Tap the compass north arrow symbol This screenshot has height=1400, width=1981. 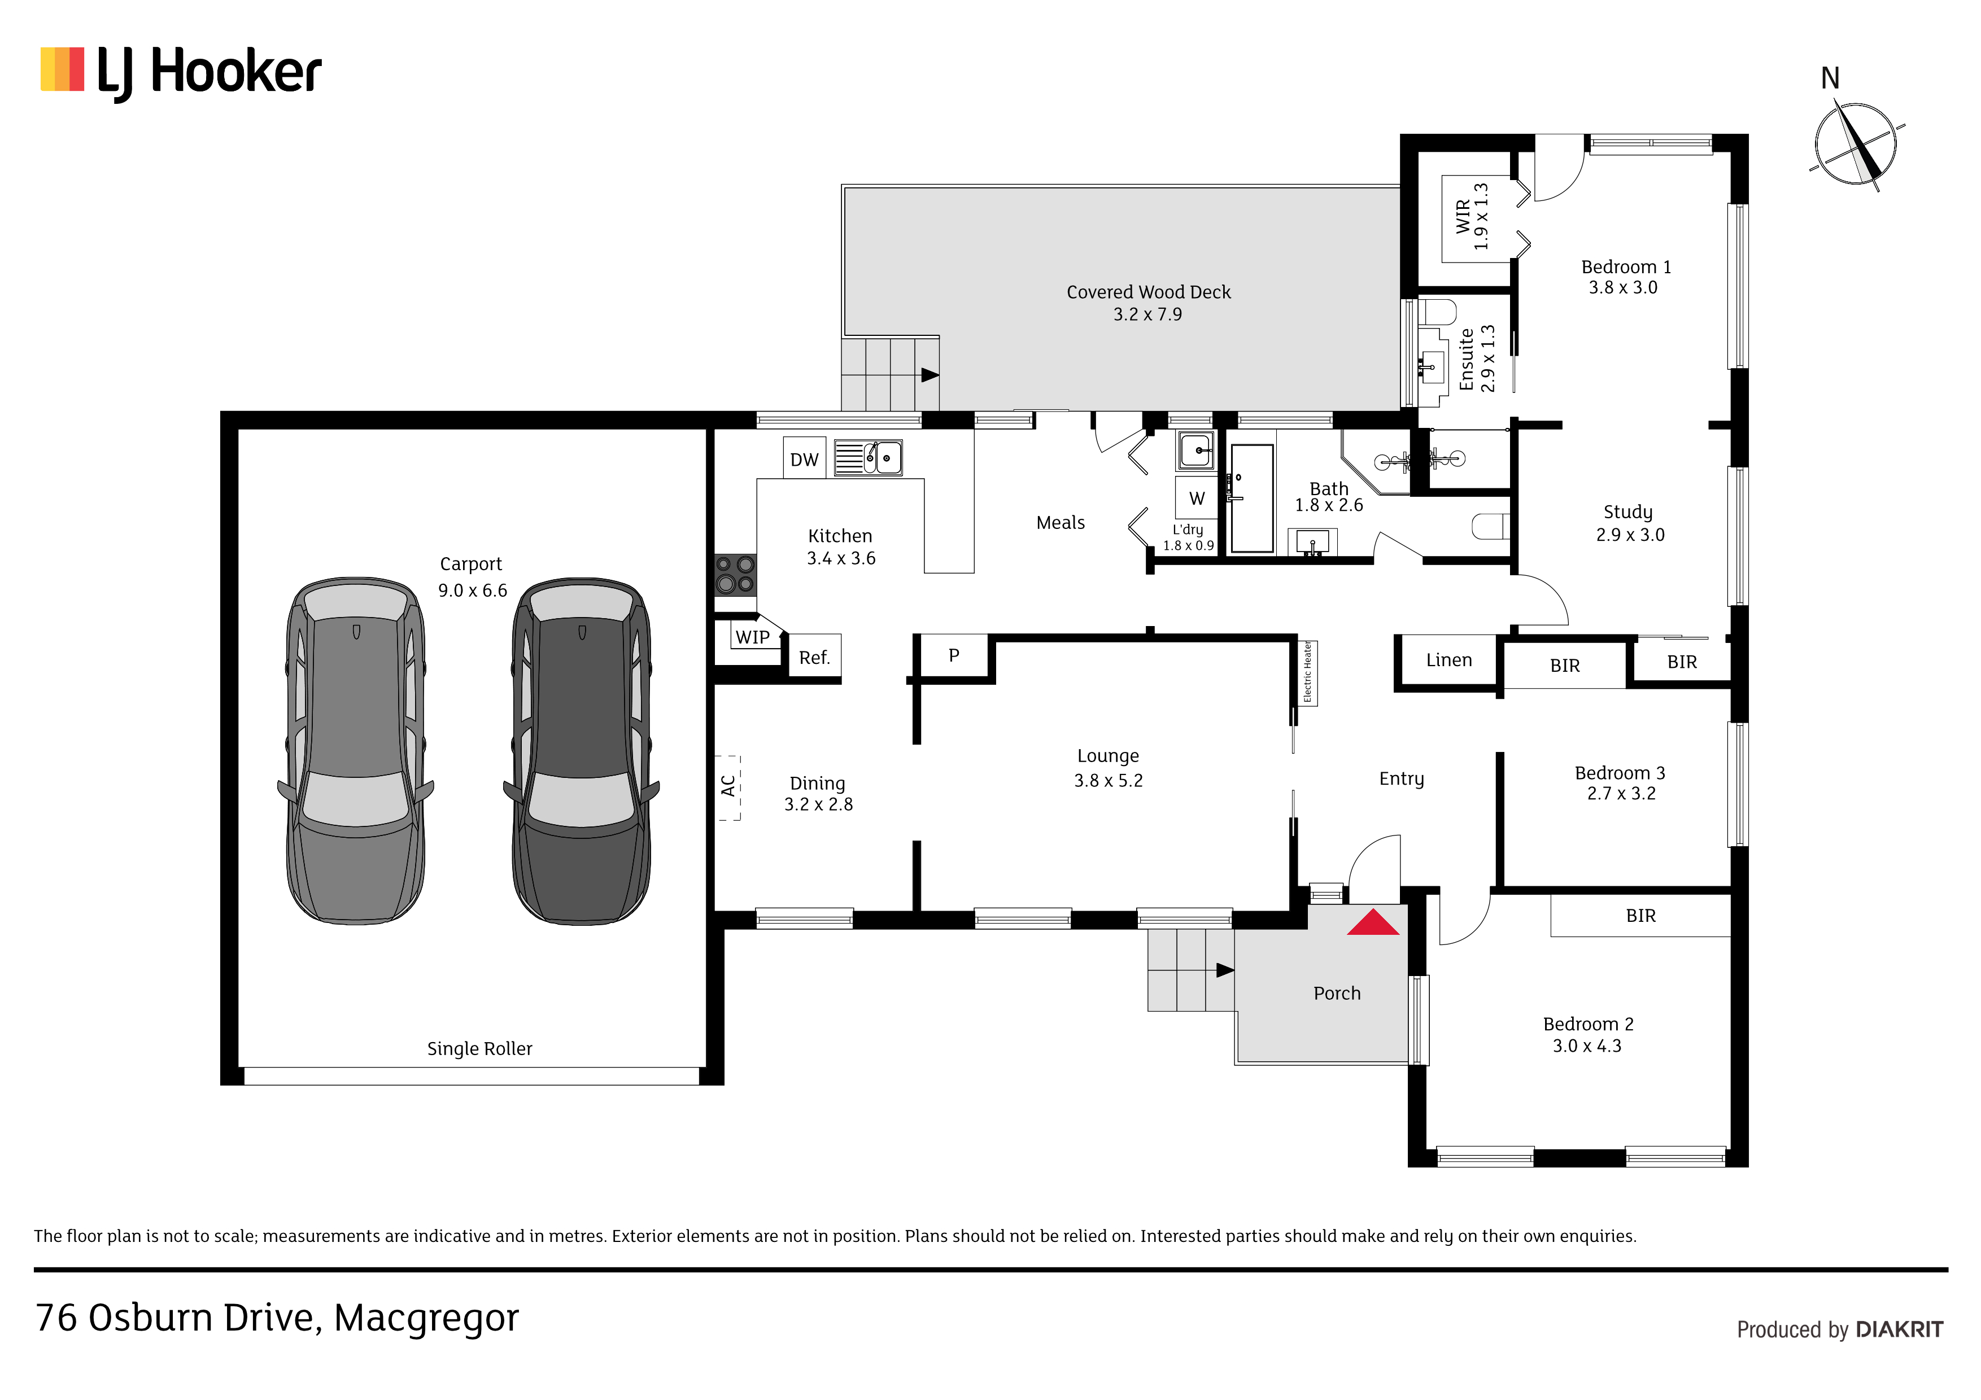[x=1856, y=145]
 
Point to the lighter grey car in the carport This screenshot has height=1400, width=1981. [x=355, y=750]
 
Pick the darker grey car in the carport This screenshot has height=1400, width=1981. [x=582, y=750]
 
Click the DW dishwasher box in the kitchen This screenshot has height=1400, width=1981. [x=804, y=458]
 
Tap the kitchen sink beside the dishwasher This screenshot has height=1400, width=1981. [x=868, y=458]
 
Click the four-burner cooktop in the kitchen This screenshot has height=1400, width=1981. [x=735, y=575]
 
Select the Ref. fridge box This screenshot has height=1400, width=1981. [x=814, y=657]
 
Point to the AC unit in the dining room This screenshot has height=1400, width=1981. [x=728, y=787]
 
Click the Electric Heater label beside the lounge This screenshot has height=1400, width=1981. [x=1307, y=672]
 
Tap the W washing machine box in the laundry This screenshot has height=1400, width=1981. [x=1197, y=498]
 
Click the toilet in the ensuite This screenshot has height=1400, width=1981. [x=1437, y=312]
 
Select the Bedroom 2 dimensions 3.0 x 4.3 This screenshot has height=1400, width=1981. [x=1587, y=1045]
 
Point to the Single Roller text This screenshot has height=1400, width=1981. [x=479, y=1048]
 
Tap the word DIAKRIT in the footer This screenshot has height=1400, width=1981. [x=1899, y=1329]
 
